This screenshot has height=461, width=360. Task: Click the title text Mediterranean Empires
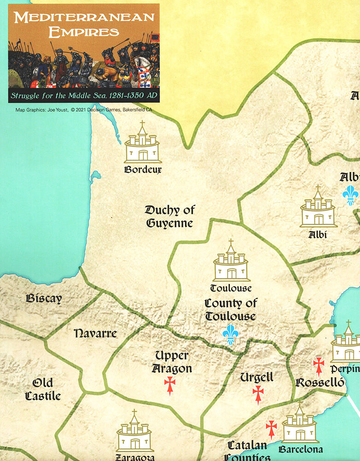point(83,24)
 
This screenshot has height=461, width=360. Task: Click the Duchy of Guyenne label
point(170,216)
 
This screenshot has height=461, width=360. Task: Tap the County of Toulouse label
point(230,309)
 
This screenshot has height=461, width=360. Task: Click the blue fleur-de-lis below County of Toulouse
point(230,334)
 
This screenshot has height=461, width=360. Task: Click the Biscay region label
point(44,298)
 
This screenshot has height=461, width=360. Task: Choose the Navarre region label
point(95,333)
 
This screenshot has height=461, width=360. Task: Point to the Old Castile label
point(43,389)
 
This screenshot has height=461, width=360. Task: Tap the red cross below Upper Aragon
point(170,385)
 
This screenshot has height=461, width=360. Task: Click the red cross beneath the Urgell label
point(258,394)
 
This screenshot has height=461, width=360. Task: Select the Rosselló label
point(319,383)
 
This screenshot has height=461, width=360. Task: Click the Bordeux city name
point(143,169)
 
